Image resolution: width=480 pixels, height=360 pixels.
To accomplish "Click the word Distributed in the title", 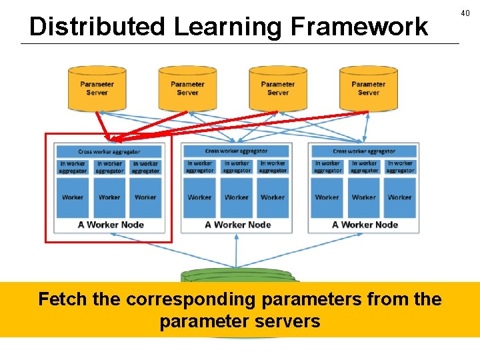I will (x=97, y=27).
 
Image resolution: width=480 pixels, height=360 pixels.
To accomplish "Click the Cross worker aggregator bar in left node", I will (x=109, y=151).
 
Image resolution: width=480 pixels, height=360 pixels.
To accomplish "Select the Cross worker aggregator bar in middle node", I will (x=237, y=151).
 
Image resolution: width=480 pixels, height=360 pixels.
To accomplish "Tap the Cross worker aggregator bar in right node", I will (x=364, y=151).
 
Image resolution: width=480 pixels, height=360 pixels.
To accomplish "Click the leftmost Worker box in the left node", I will (x=73, y=197).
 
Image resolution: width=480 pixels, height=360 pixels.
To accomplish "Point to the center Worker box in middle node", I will (x=237, y=197).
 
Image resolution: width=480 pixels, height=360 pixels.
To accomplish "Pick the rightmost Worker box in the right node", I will (x=400, y=197).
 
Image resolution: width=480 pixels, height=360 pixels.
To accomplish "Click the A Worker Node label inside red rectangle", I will (x=111, y=225).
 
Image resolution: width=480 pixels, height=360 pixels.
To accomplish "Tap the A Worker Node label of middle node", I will (x=237, y=225).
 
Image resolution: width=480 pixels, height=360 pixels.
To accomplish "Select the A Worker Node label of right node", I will (x=365, y=225).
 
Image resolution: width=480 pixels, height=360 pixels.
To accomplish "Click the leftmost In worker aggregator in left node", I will (x=73, y=167).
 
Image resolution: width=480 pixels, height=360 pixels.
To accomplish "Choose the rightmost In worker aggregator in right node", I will (x=400, y=167).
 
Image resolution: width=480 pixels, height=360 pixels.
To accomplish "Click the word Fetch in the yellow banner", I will (x=63, y=299).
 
